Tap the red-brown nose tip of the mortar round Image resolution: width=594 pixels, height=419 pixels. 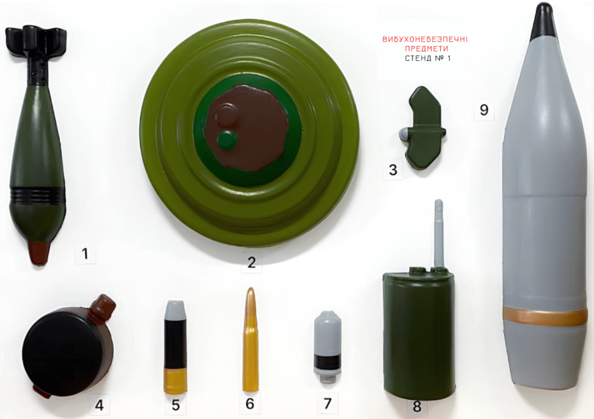pos(39,253)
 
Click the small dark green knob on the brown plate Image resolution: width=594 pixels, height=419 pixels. pos(227,139)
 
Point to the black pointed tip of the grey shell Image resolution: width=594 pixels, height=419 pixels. pos(543,21)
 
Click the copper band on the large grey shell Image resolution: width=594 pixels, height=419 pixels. pos(545,317)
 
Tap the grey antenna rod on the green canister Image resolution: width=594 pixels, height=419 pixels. pos(439,233)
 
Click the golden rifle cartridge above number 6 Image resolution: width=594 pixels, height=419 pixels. pos(250,340)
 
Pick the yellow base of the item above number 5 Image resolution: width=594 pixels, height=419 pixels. pos(175,381)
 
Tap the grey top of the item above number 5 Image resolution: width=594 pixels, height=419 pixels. pos(175,310)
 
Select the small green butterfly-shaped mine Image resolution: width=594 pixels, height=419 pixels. pos(423,128)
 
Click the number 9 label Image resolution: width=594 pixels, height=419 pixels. pos(484,109)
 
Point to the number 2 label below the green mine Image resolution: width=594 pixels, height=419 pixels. pos(252,262)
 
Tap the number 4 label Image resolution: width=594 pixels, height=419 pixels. pos(99,405)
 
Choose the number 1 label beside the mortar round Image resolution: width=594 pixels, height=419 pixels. pos(85,253)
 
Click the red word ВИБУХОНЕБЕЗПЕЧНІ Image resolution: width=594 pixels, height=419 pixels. pos(425,39)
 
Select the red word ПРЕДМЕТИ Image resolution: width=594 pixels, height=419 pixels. pos(427,49)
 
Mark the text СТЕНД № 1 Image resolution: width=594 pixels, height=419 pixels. pos(428,58)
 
